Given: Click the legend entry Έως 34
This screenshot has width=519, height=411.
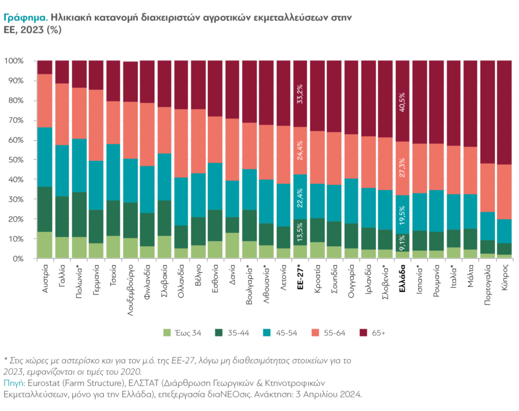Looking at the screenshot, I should (182, 333).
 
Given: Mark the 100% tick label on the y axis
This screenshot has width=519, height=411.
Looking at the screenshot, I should (14, 61).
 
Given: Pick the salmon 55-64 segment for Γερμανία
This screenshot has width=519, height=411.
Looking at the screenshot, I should (96, 125).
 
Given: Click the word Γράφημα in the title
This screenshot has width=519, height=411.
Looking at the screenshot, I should (26, 17).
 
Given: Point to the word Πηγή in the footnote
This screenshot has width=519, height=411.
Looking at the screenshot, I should (14, 382).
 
